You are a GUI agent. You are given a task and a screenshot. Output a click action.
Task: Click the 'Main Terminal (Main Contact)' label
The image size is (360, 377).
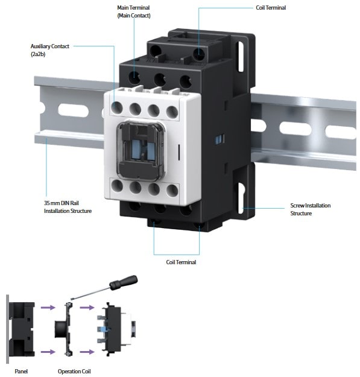(x=134, y=11)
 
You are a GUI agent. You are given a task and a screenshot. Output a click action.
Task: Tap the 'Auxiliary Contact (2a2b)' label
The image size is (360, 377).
(x=49, y=50)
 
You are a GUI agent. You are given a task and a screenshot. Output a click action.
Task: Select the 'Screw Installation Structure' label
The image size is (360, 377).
(x=311, y=209)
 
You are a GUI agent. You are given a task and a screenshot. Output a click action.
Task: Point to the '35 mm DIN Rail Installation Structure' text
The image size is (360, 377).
(x=68, y=207)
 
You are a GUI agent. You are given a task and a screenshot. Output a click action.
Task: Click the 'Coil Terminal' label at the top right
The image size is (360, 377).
(x=271, y=8)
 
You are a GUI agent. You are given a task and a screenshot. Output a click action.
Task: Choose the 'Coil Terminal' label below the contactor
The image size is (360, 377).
(x=181, y=262)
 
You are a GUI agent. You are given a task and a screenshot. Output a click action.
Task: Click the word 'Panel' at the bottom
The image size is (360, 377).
(x=21, y=371)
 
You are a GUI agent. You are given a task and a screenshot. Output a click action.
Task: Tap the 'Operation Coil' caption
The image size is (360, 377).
(x=74, y=371)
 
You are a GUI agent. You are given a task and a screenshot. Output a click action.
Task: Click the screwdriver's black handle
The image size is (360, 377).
(x=123, y=282)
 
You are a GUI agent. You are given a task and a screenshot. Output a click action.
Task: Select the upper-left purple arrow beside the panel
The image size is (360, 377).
(x=48, y=307)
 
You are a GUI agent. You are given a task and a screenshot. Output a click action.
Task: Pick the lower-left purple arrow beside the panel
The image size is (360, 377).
(x=48, y=352)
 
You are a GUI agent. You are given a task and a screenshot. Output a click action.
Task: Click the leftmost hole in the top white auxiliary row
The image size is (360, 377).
(x=117, y=107)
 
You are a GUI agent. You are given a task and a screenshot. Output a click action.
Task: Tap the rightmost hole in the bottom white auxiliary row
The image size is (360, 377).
(x=172, y=191)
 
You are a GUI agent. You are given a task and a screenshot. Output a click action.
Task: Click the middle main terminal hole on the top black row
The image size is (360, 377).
(x=160, y=80)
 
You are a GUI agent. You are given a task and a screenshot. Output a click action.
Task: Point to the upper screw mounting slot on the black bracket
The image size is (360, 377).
(x=241, y=57)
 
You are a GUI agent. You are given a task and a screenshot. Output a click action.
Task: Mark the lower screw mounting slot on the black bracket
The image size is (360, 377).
(x=241, y=198)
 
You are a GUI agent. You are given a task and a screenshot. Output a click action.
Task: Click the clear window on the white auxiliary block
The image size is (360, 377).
(x=141, y=151)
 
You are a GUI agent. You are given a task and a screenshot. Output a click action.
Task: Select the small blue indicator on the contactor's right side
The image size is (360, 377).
(x=219, y=139)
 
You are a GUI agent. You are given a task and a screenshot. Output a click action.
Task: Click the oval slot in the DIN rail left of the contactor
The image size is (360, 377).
(x=74, y=110)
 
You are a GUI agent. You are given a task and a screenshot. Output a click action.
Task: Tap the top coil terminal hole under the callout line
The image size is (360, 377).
(x=199, y=54)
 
